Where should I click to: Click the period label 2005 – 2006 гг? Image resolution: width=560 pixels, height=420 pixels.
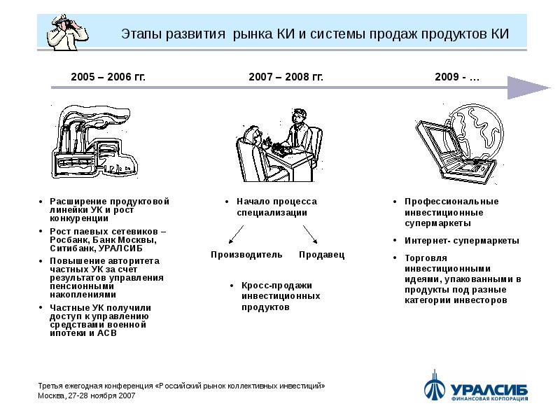(108, 76)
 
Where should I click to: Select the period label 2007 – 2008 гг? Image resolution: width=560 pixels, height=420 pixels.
(286, 76)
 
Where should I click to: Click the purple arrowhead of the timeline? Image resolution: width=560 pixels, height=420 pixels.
(528, 87)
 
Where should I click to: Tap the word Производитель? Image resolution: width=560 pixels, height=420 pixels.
(246, 255)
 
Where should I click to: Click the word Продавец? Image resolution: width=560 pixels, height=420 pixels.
(321, 255)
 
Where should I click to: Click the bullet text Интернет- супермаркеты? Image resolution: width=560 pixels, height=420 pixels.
(461, 240)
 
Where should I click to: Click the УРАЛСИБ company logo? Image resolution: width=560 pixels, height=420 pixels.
(475, 387)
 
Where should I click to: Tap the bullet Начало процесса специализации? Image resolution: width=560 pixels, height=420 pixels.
(276, 206)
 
